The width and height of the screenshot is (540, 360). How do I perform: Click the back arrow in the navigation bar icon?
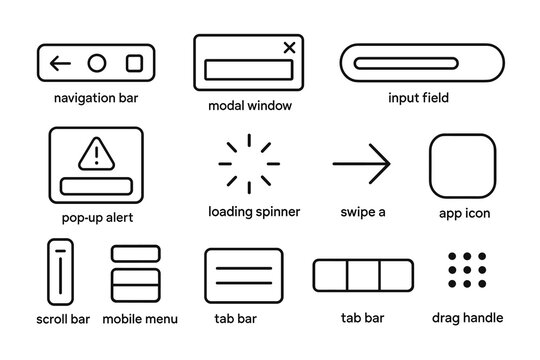point(61,64)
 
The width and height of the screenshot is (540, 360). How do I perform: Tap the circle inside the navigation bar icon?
point(97,64)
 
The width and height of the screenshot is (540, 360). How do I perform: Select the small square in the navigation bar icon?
point(134,64)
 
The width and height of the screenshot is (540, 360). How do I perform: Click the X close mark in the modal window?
point(290,46)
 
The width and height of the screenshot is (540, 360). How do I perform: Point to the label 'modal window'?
point(250,105)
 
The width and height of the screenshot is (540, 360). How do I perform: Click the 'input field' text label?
point(418,98)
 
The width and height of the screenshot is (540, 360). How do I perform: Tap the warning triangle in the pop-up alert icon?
point(96,153)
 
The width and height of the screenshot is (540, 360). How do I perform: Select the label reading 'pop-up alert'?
point(97,217)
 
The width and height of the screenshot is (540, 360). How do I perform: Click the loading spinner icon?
point(248,163)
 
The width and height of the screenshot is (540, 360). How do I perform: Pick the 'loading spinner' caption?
point(254,212)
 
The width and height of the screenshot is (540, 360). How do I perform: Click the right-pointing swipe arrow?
point(361,163)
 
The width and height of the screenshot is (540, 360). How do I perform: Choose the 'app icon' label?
point(464,214)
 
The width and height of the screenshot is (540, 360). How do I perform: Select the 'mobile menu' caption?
point(141,319)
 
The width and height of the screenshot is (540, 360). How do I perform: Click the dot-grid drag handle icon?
point(467,271)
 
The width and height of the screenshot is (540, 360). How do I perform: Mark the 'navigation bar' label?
point(97,99)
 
